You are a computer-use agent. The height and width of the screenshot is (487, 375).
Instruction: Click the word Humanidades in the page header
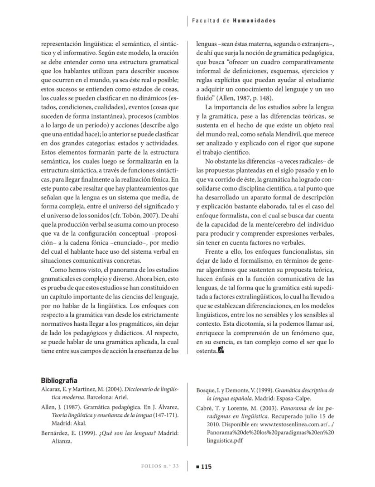(x=254, y=21)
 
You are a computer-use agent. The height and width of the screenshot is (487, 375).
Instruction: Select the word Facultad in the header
(x=205, y=21)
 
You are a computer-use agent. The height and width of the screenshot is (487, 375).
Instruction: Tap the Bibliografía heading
(x=59, y=381)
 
